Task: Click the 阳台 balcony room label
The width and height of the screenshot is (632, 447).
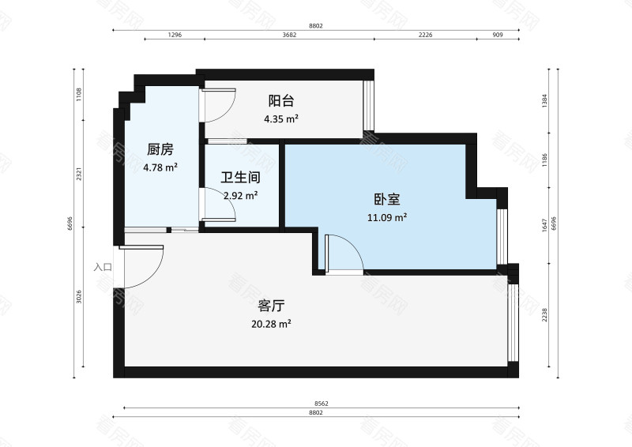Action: click(x=281, y=101)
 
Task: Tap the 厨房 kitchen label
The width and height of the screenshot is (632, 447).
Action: click(x=160, y=149)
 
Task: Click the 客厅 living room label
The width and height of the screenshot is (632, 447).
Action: click(x=271, y=306)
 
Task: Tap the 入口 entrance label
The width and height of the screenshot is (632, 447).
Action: click(x=103, y=267)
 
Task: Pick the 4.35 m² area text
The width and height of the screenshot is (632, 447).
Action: click(x=280, y=119)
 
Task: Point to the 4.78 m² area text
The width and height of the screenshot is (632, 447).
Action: click(x=160, y=167)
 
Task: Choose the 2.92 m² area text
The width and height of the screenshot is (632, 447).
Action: click(x=240, y=195)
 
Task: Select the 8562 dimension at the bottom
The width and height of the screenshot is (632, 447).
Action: click(x=320, y=404)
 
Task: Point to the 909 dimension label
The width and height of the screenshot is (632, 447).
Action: click(x=498, y=36)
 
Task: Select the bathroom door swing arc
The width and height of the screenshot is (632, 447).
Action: click(x=222, y=205)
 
